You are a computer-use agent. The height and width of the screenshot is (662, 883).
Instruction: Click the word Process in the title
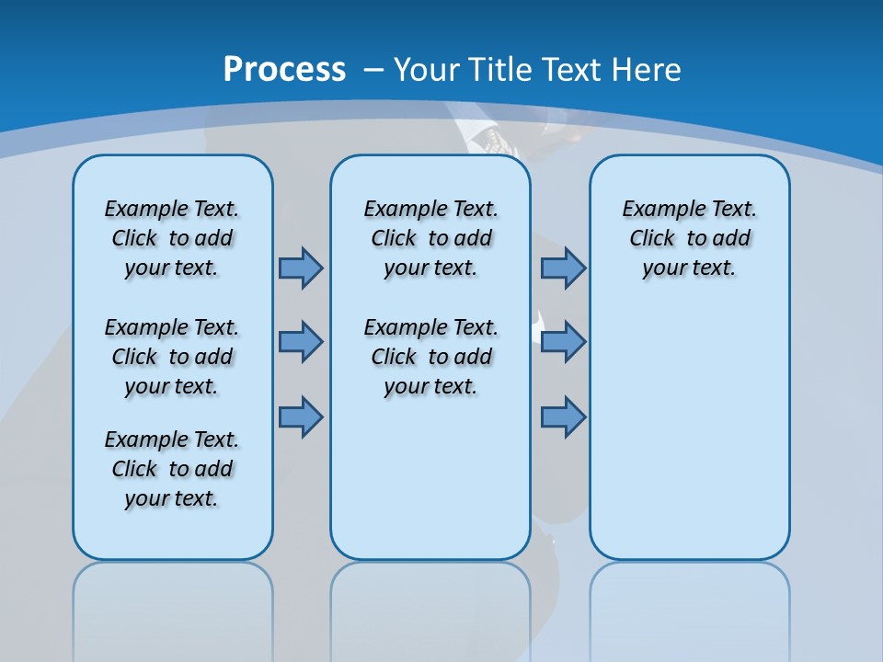click(284, 70)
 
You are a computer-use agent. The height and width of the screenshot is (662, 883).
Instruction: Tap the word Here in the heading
click(647, 70)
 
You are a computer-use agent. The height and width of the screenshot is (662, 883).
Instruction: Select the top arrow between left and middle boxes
click(301, 268)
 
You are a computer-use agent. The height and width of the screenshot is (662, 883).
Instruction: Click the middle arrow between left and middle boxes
click(301, 342)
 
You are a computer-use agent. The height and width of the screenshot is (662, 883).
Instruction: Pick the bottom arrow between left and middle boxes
click(301, 417)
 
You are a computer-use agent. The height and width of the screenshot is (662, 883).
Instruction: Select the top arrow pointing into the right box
click(563, 268)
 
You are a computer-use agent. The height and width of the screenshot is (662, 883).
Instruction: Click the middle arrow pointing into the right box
click(563, 342)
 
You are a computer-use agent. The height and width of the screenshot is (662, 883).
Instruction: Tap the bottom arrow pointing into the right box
click(563, 417)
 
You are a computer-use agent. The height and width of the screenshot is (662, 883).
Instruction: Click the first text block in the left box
click(172, 238)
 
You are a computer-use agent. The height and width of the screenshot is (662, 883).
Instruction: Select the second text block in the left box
click(172, 357)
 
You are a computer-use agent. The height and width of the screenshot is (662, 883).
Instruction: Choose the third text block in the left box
click(172, 469)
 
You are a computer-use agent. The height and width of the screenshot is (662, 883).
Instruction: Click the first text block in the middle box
click(430, 238)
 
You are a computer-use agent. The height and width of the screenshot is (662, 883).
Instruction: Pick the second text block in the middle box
click(430, 357)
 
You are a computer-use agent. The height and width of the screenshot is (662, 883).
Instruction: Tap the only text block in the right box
click(689, 238)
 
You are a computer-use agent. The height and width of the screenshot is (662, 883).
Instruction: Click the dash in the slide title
click(373, 70)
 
